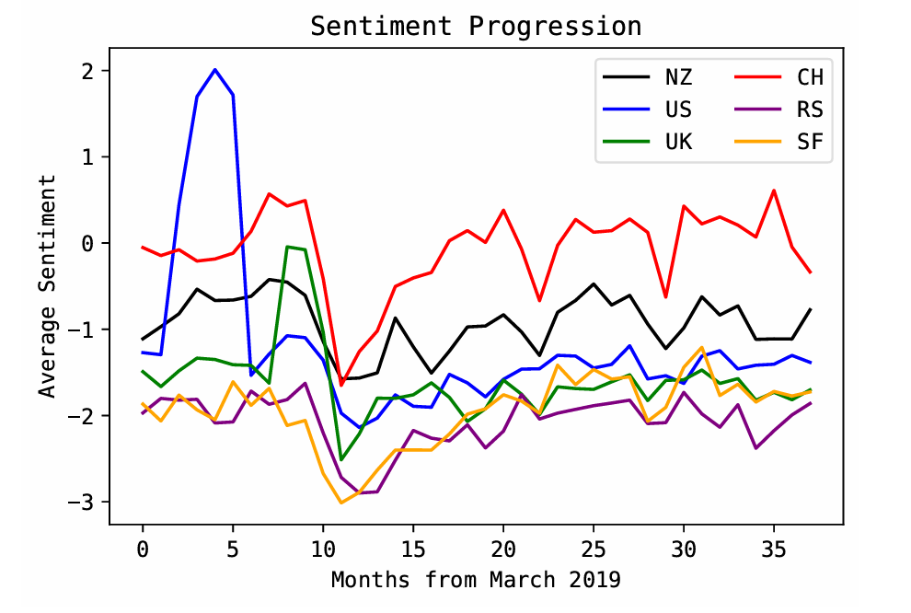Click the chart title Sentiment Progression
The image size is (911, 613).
coord(475,27)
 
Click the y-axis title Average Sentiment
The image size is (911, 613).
coord(48,286)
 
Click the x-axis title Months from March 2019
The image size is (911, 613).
coord(476,580)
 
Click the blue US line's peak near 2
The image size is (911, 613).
coord(215,69)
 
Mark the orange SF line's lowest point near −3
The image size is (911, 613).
coord(341,503)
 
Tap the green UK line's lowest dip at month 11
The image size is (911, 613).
coord(341,459)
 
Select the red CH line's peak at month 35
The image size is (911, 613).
coord(774,191)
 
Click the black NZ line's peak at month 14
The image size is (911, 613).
coord(396,318)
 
